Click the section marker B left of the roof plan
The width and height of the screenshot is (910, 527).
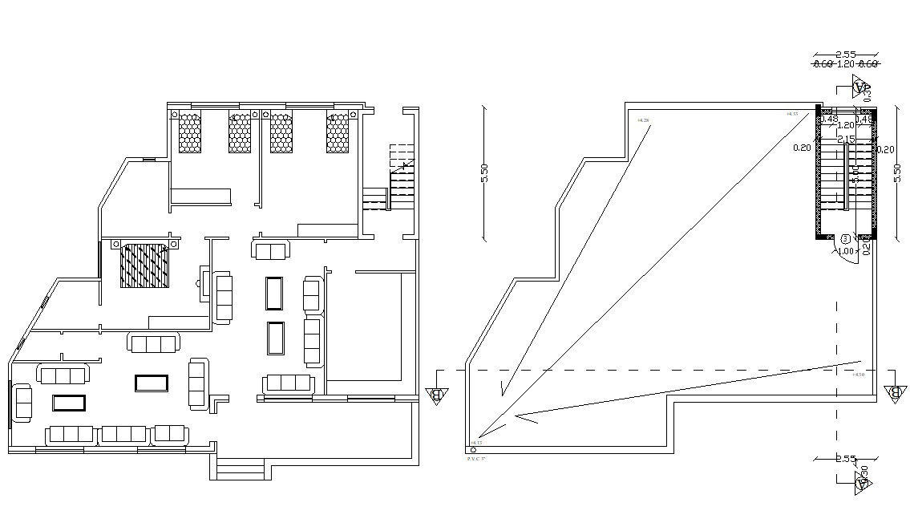[x=437, y=395]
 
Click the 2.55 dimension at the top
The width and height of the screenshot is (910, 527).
[x=845, y=55]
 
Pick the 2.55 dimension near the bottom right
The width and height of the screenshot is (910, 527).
[x=847, y=460]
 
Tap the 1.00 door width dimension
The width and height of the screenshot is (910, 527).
[x=845, y=251]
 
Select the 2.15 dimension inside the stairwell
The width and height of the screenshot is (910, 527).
[x=846, y=140]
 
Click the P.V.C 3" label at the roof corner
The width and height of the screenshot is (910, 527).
[x=477, y=458]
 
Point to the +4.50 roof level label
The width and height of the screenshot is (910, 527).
[x=859, y=375]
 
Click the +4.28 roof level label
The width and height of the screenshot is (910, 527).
[x=643, y=120]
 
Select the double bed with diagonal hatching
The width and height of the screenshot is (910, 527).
[x=145, y=266]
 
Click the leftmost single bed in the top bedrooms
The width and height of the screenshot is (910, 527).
[x=189, y=132]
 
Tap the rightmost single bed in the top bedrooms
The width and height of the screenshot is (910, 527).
[x=338, y=132]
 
